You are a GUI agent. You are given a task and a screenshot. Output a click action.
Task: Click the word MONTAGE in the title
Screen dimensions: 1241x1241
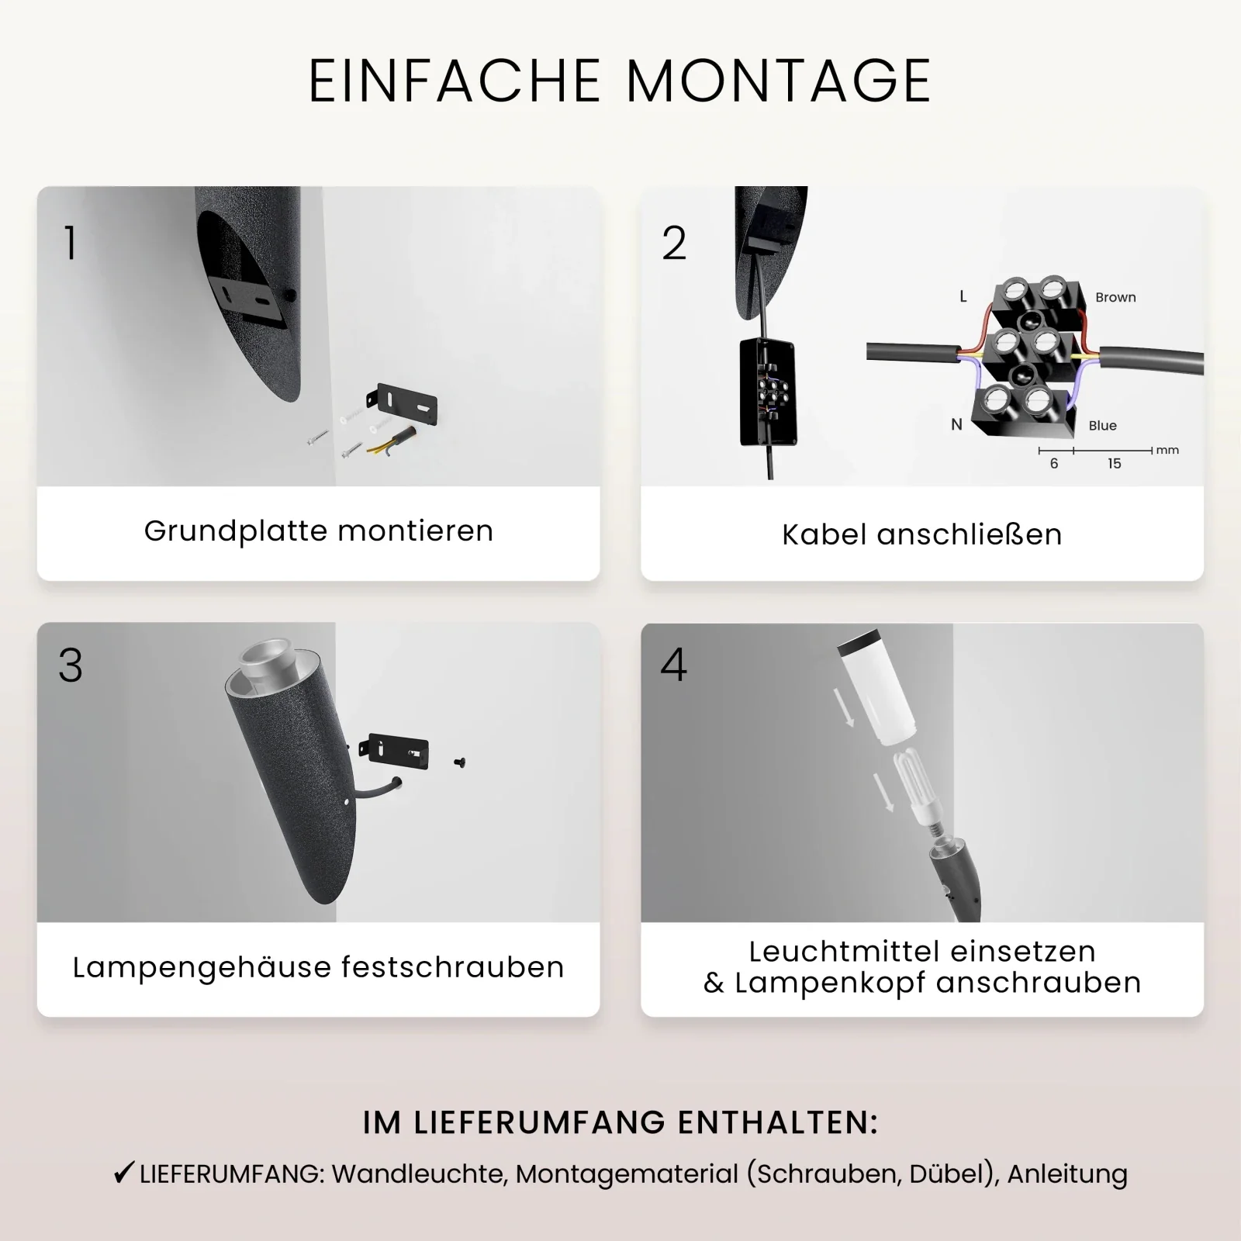(x=778, y=81)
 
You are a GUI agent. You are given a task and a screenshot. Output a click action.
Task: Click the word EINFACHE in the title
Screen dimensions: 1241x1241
(x=455, y=81)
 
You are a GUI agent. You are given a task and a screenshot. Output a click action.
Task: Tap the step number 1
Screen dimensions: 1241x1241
(x=71, y=243)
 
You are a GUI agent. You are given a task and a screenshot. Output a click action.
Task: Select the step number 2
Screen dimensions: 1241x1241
(x=674, y=243)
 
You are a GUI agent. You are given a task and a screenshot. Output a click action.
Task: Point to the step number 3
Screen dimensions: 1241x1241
(x=71, y=665)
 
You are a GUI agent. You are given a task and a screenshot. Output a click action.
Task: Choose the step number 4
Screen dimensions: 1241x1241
(x=673, y=665)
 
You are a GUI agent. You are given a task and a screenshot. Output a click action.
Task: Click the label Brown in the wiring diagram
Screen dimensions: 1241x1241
(x=1115, y=297)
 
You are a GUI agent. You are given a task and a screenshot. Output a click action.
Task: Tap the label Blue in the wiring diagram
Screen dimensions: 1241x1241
(x=1102, y=425)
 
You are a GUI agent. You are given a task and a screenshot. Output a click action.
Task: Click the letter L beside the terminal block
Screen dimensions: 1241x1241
(x=963, y=296)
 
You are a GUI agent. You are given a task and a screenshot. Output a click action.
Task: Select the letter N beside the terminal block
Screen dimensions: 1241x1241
(x=956, y=424)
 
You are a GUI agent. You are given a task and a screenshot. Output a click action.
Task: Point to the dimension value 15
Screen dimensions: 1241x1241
(x=1114, y=464)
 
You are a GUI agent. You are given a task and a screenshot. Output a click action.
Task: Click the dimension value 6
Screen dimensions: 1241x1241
(x=1053, y=464)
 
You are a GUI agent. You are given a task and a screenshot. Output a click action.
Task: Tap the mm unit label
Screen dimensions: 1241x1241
(x=1167, y=450)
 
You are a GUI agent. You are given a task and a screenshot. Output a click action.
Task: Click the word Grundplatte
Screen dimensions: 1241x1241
(x=237, y=532)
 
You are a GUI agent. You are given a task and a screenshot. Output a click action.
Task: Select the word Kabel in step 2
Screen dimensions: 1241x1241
(x=824, y=534)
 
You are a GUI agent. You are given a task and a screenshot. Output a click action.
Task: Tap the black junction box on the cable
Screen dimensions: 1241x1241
(x=768, y=392)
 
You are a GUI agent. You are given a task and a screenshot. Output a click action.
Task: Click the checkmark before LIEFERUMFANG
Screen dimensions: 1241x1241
(x=123, y=1173)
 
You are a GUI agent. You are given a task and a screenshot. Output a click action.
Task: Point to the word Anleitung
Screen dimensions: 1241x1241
(x=1067, y=1174)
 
